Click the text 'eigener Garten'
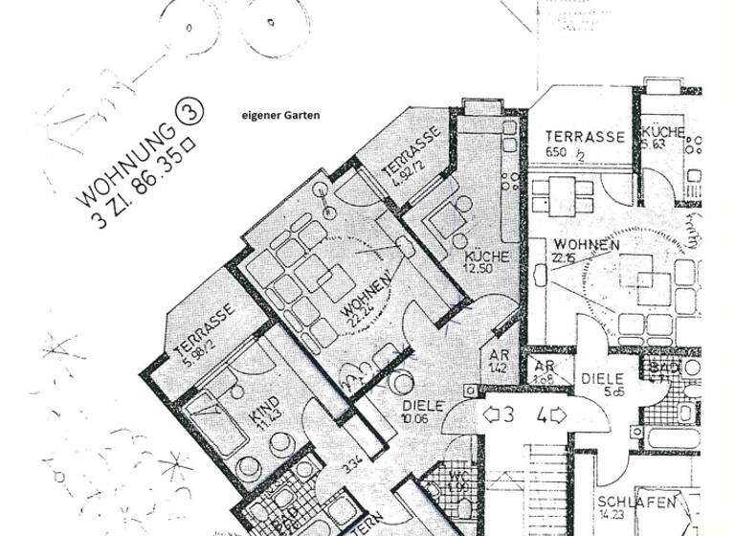click(281, 116)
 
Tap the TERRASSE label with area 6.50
click(585, 137)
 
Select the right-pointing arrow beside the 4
click(557, 415)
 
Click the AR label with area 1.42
click(486, 358)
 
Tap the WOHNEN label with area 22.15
click(586, 245)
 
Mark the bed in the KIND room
click(215, 417)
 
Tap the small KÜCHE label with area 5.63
click(662, 133)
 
